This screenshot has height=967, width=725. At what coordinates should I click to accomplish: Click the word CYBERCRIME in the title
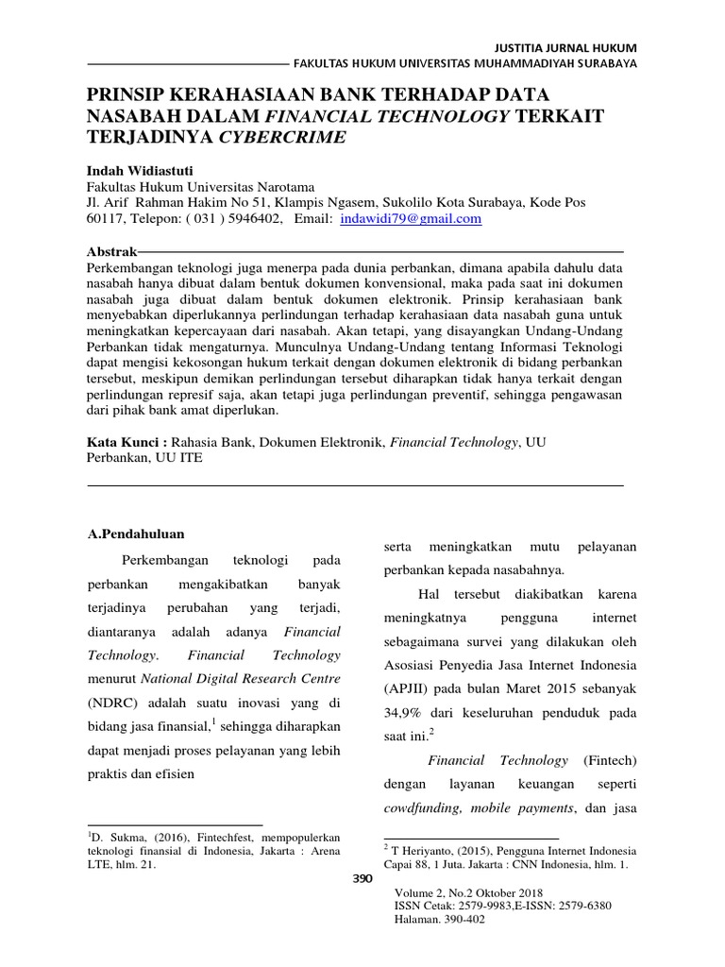(x=283, y=136)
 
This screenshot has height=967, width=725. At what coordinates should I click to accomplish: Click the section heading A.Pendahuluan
(x=135, y=534)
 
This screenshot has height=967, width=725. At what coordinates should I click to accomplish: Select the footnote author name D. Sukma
(x=118, y=838)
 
